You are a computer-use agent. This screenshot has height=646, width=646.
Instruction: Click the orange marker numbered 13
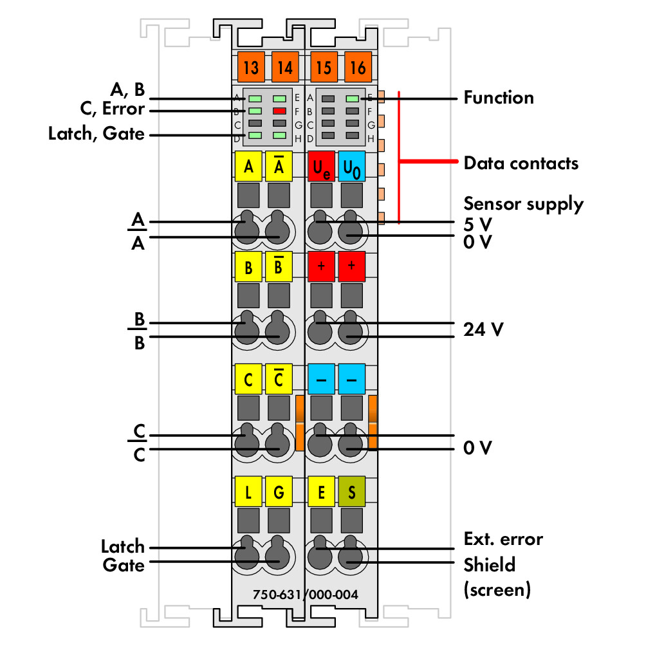[x=250, y=67]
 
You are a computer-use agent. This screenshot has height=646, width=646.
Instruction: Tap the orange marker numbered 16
[x=358, y=67]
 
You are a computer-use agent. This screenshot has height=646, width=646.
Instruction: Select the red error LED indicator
[x=279, y=111]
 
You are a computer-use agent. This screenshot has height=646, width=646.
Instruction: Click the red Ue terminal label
[x=321, y=167]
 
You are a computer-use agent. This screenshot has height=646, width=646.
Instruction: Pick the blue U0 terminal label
[x=352, y=167]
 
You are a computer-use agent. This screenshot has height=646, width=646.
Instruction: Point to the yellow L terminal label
[x=248, y=492]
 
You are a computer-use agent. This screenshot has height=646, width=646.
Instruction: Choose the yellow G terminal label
[x=279, y=492]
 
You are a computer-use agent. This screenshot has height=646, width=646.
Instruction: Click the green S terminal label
[x=352, y=492]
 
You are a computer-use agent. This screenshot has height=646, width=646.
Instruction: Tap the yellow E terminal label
[x=321, y=492]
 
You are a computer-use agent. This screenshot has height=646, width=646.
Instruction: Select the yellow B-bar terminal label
[x=279, y=266]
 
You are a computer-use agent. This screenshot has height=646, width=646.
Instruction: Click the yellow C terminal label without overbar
[x=248, y=379]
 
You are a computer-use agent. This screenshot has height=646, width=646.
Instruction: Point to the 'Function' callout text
[x=499, y=98]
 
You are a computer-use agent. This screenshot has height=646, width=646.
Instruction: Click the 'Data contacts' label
[x=521, y=163]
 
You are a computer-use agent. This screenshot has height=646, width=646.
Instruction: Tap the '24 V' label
[x=483, y=329]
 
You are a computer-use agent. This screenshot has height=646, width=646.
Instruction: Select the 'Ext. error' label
[x=503, y=539]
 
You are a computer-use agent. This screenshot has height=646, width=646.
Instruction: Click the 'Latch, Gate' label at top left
[x=97, y=134]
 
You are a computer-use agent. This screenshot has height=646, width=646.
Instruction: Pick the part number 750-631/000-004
[x=305, y=595]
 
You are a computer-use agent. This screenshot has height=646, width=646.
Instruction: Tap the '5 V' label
[x=478, y=225]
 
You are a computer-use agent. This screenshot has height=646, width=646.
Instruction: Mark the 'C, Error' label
[x=113, y=109]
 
